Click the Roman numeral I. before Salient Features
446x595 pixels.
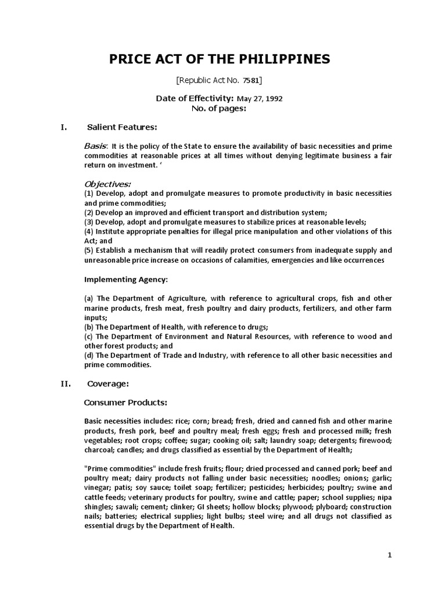pyautogui.click(x=65, y=127)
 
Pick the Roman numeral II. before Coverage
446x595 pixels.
pyautogui.click(x=66, y=383)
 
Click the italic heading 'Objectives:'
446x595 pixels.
pyautogui.click(x=107, y=184)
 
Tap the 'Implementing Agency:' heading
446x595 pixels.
pyautogui.click(x=126, y=279)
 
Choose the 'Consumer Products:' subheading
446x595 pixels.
pyautogui.click(x=125, y=402)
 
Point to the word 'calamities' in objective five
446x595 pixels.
pyautogui.click(x=263, y=260)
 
